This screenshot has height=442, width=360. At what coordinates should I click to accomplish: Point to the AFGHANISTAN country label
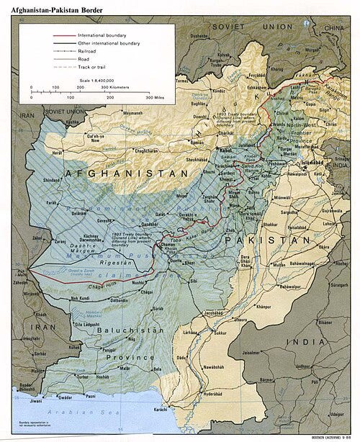(127, 173)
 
